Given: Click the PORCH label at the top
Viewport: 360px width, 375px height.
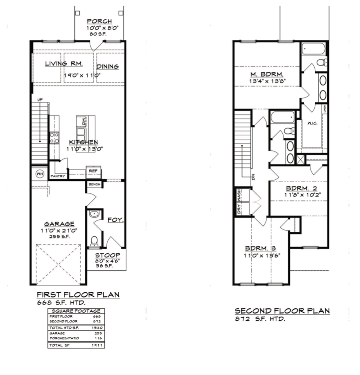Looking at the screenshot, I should [x=99, y=21].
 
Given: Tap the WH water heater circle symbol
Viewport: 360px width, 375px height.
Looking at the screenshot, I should [x=39, y=174].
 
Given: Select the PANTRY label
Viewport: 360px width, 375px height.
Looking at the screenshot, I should [x=58, y=176].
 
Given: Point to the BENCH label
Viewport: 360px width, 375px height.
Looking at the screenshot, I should [x=94, y=184].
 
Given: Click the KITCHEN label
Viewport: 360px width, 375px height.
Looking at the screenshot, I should [x=83, y=142].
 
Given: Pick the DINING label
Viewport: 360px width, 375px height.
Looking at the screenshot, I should [x=108, y=67].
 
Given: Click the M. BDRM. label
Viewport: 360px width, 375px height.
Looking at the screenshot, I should [x=267, y=73].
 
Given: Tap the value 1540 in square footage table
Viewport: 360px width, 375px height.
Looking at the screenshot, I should [x=96, y=327].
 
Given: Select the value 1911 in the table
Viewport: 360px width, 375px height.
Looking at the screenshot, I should [x=96, y=345].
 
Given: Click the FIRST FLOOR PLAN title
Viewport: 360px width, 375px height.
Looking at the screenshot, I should [x=78, y=295].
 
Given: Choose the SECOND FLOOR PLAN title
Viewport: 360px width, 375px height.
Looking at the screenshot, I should [x=282, y=311].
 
